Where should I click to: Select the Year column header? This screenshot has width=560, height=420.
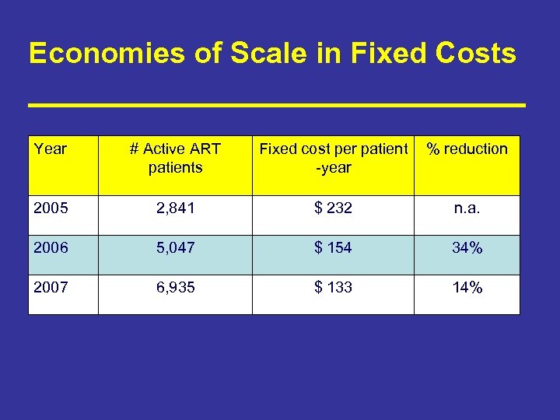point(51,149)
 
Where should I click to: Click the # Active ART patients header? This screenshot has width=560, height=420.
point(175,158)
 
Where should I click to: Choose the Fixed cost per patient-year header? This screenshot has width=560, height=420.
point(333,158)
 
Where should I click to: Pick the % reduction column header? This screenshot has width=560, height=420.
point(467,149)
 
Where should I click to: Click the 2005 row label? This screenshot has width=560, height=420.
point(51,208)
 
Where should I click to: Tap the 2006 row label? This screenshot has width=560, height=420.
point(51,248)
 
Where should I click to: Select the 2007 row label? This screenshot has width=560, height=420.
point(51,288)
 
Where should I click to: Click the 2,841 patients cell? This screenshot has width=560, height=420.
point(175,208)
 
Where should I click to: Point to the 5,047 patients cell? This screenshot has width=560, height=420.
point(175,248)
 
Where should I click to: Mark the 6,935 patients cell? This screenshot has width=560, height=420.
point(175,288)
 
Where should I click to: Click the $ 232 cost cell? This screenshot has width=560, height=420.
point(333,208)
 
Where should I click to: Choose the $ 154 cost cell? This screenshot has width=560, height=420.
point(333,248)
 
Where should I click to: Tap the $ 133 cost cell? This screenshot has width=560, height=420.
point(333,288)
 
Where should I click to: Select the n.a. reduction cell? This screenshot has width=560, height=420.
point(467,208)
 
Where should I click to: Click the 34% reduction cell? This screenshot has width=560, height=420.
point(467,248)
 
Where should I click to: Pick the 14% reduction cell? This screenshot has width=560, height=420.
point(467,288)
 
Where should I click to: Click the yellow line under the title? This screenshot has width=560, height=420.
point(277,103)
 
